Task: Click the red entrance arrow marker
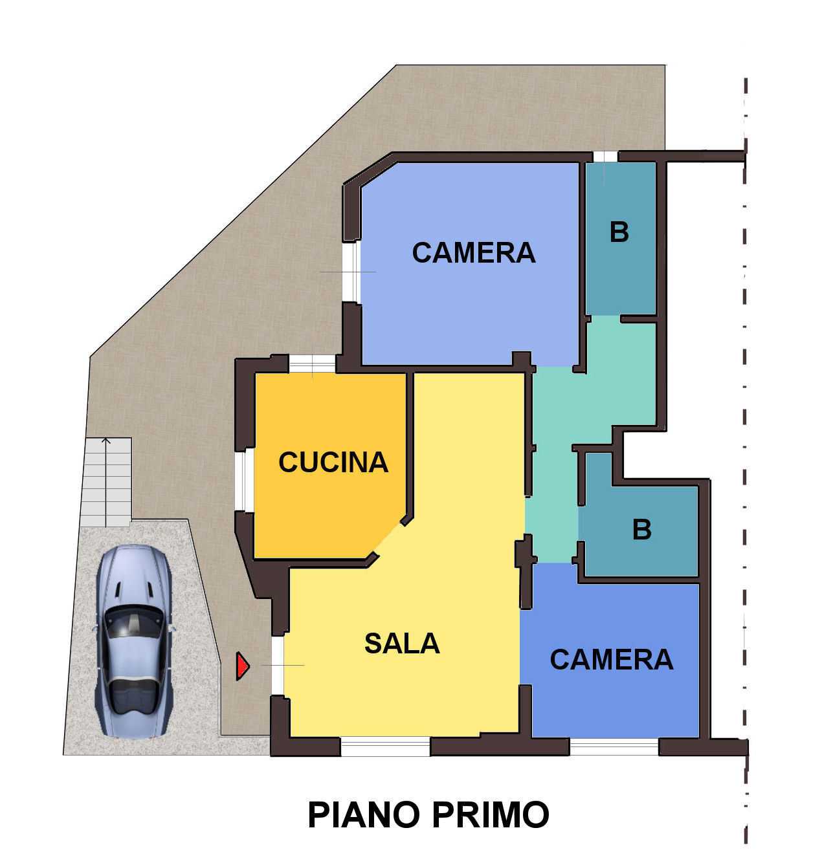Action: click(x=242, y=666)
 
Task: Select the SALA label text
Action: click(x=402, y=644)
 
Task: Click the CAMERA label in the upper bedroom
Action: click(x=474, y=253)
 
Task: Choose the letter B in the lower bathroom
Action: click(x=642, y=529)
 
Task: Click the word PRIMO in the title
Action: click(x=491, y=815)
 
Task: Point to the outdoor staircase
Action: click(x=107, y=482)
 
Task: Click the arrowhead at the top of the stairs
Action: click(x=106, y=439)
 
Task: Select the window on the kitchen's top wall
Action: click(x=313, y=364)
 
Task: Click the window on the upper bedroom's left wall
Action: click(x=351, y=272)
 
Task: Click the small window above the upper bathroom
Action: click(x=605, y=157)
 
